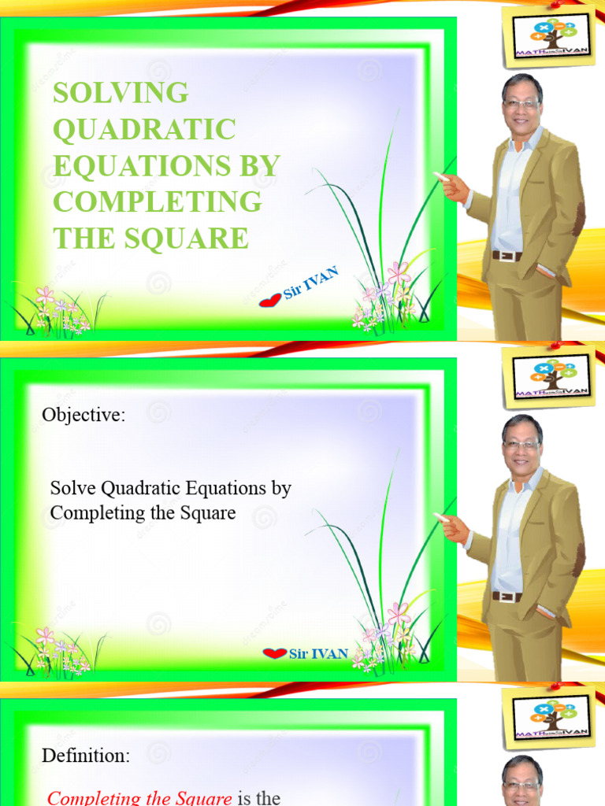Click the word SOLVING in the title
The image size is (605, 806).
(x=121, y=93)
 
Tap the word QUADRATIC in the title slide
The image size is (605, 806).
(x=144, y=129)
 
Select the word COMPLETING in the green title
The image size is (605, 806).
(x=157, y=201)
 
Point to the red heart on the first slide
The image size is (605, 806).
(x=270, y=300)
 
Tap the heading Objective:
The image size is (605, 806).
(x=84, y=416)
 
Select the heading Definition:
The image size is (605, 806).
(x=86, y=756)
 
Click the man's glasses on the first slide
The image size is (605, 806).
(x=521, y=103)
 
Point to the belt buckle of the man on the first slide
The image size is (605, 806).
(x=507, y=256)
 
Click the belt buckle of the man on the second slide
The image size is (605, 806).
(x=507, y=596)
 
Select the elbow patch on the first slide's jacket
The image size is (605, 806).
(x=579, y=218)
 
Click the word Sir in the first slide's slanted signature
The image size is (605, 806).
(x=292, y=291)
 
